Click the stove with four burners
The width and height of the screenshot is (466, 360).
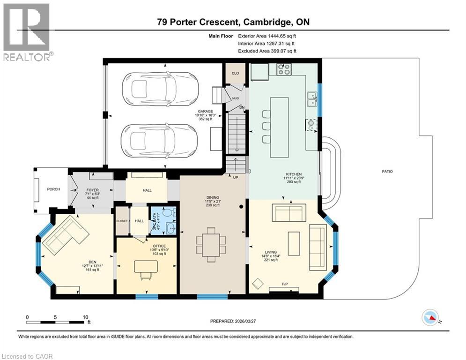[x=284, y=69]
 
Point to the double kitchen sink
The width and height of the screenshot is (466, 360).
[x=311, y=99]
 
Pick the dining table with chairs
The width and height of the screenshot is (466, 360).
[x=211, y=242]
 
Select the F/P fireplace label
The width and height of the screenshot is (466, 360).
[x=285, y=285]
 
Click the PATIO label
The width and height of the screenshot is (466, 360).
[x=387, y=172]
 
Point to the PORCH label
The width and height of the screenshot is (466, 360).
[x=53, y=189]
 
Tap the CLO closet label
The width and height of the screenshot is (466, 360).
[x=235, y=73]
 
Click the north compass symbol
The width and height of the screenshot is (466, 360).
[x=429, y=318]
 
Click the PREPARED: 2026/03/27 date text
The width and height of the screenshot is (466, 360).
[x=238, y=321]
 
